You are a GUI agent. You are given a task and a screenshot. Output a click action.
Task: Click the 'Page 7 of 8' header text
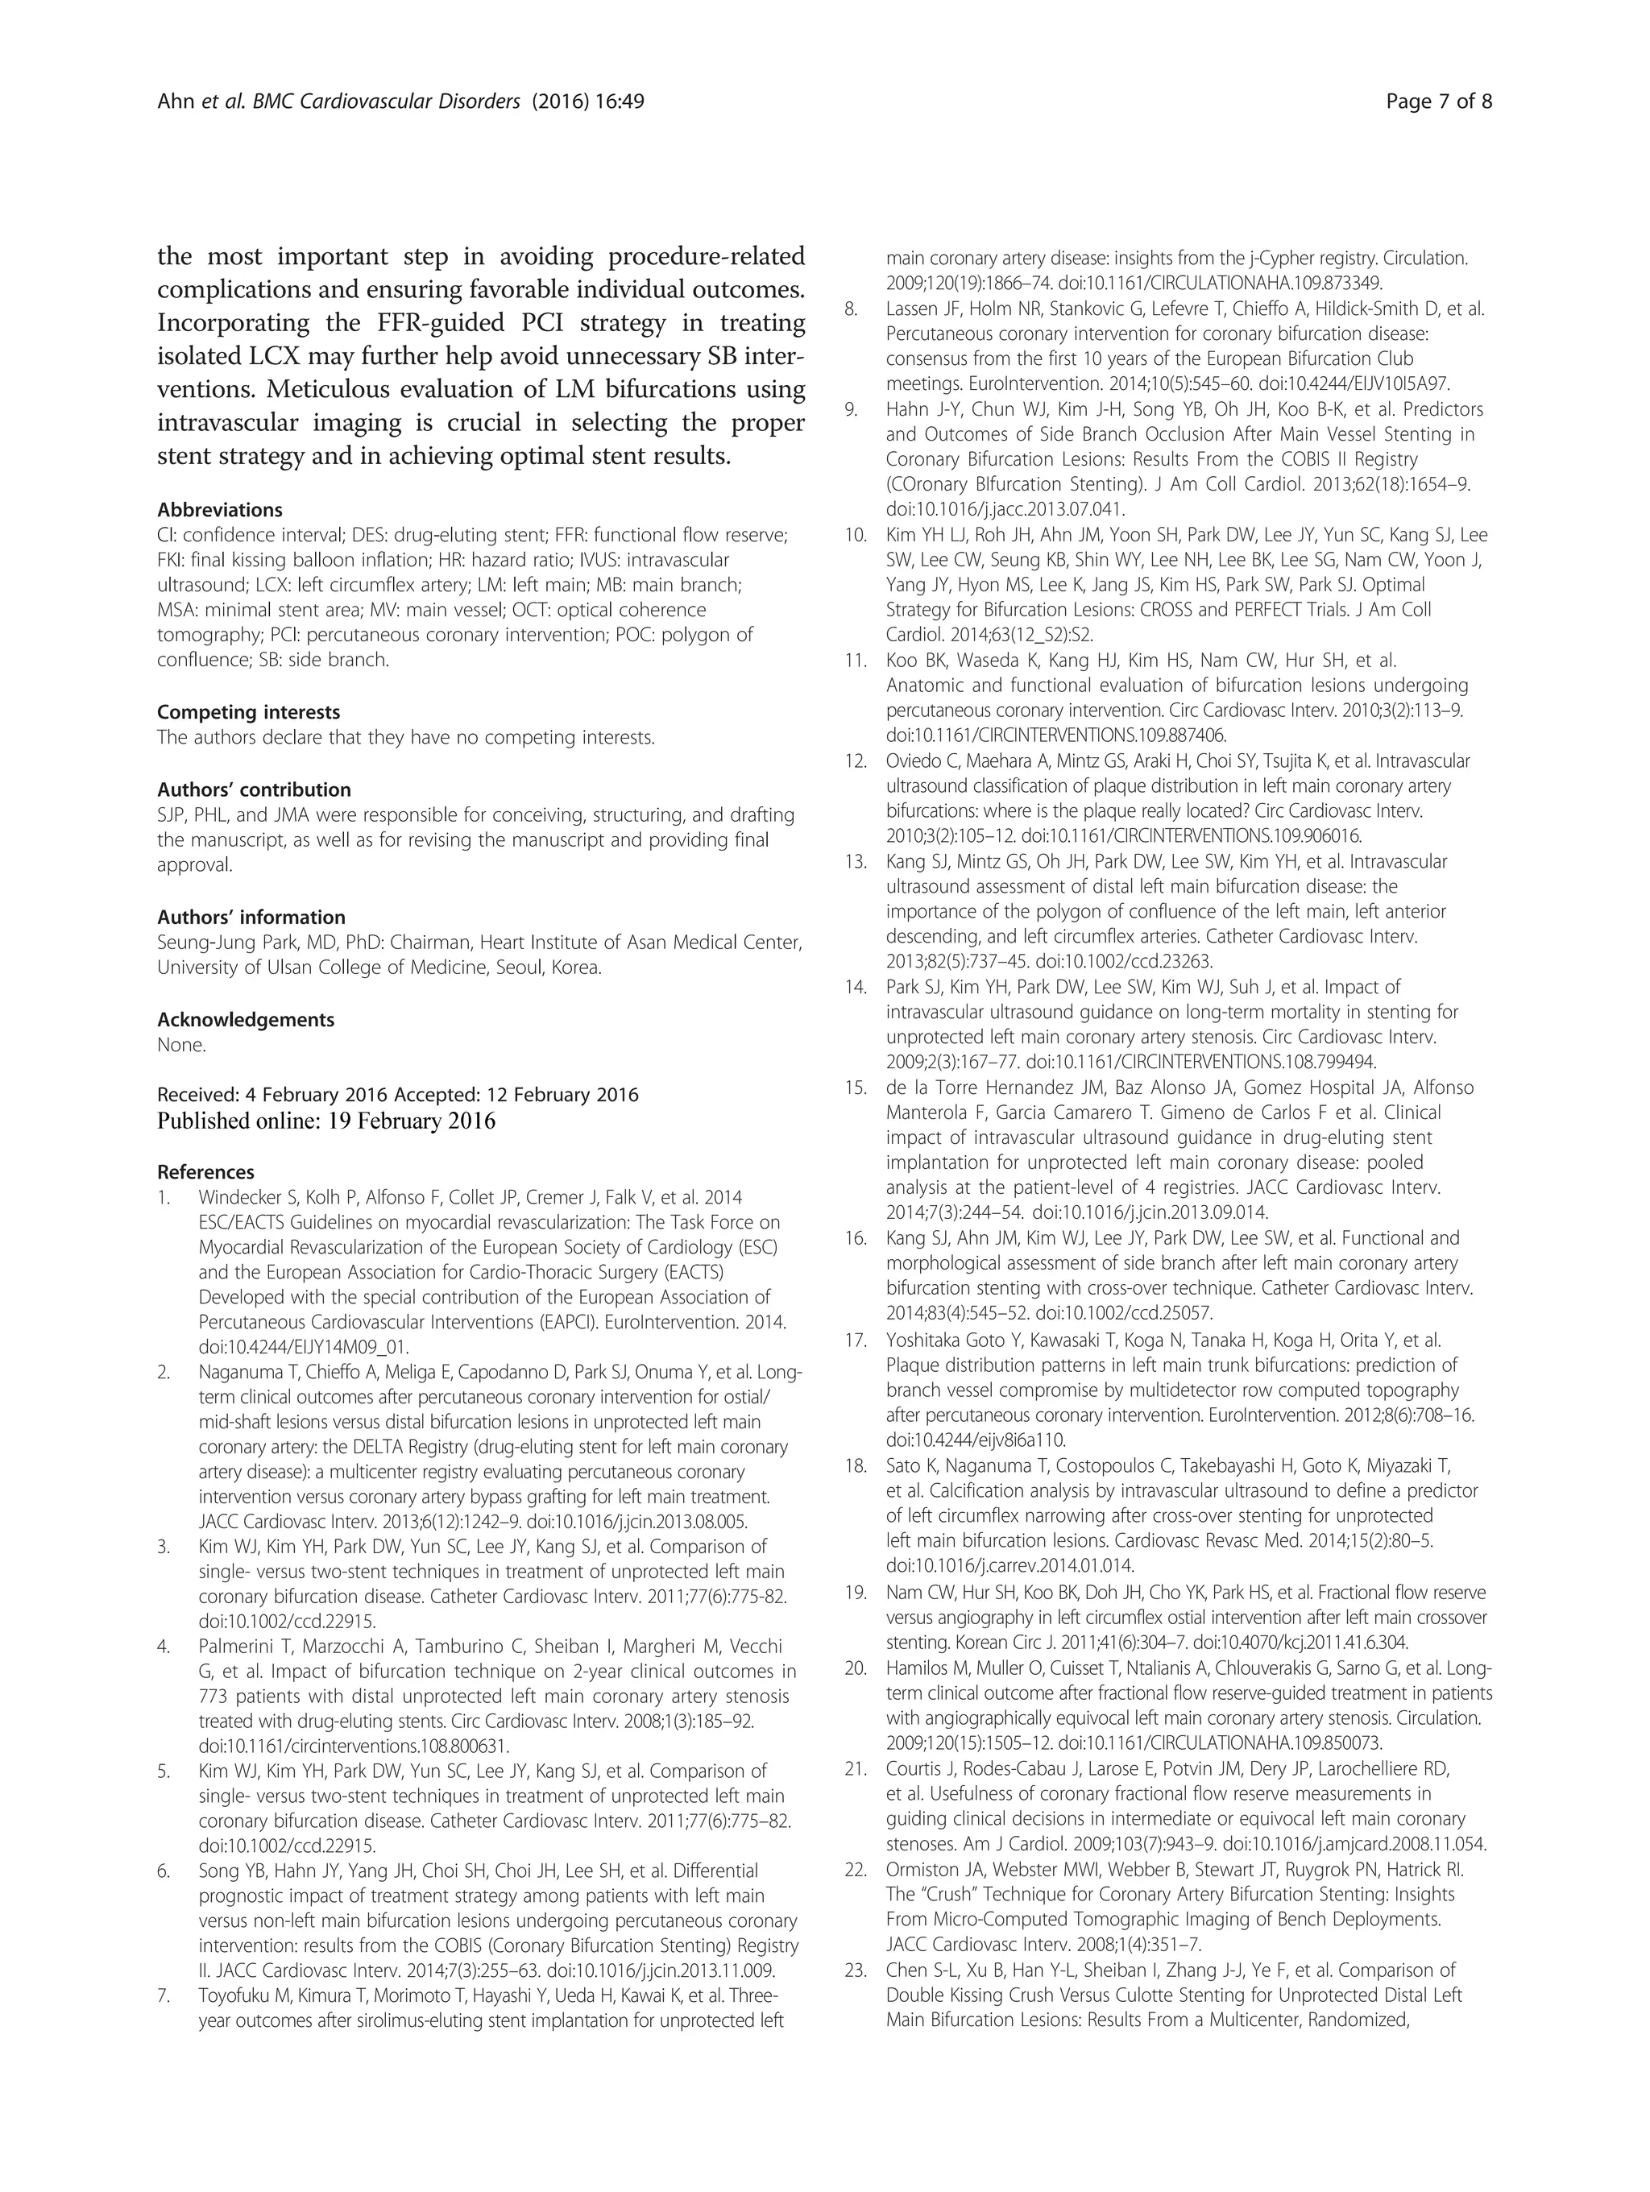click(x=1439, y=101)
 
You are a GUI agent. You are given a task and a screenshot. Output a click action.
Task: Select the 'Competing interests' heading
click(x=248, y=712)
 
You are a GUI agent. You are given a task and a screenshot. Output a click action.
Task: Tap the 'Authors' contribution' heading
click(x=254, y=789)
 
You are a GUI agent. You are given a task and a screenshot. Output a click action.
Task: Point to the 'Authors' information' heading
click(x=251, y=918)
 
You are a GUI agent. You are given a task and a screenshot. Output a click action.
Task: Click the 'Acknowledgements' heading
click(x=246, y=1020)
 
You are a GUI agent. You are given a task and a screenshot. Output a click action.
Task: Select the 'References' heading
click(x=205, y=1172)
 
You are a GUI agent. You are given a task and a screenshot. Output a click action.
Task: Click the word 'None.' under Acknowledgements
click(x=181, y=1045)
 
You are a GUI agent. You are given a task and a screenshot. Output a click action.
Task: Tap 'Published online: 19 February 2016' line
click(x=326, y=1121)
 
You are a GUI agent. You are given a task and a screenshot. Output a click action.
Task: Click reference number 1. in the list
click(x=164, y=1198)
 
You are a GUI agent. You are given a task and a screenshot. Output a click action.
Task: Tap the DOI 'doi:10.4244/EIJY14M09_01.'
click(x=303, y=1348)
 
